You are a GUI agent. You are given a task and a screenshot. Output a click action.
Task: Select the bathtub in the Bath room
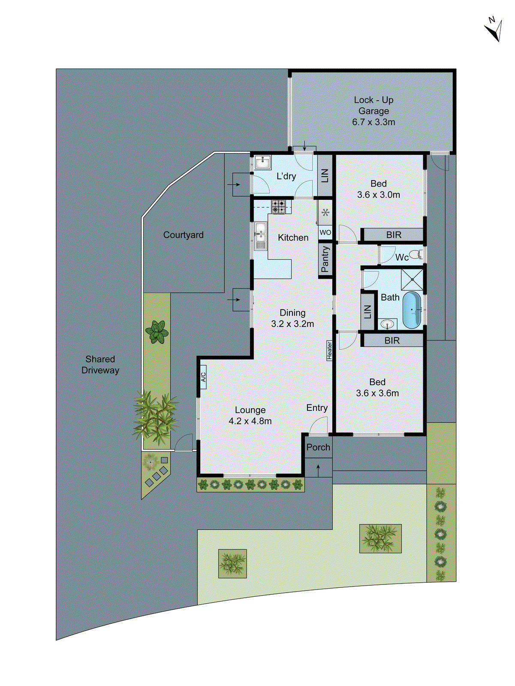coord(412,310)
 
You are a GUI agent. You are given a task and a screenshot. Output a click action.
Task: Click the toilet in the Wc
coord(415,255)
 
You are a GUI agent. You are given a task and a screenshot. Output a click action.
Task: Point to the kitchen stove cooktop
coord(278,207)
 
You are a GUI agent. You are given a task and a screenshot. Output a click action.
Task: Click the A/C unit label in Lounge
coord(203,377)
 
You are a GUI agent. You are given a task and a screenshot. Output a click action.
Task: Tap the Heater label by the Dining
coord(329,350)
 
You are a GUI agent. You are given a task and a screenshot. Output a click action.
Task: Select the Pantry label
coord(325,259)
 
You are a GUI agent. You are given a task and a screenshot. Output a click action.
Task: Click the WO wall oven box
coord(325,232)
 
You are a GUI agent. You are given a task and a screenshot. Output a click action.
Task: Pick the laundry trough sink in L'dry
coord(262,163)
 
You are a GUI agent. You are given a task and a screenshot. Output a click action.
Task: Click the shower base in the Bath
coord(412,280)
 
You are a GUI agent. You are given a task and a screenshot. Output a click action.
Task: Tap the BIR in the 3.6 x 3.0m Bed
coord(393,235)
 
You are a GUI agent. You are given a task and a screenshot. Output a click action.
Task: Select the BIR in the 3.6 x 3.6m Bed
coord(392,340)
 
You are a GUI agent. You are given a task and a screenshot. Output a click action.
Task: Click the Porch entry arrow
coord(318,470)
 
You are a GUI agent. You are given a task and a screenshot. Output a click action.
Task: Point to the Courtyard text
coord(183,235)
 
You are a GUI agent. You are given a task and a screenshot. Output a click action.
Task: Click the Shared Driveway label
coord(100,365)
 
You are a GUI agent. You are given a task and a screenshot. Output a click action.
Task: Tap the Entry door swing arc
coord(318,425)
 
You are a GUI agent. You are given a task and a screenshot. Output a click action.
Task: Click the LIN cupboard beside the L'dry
coord(325,175)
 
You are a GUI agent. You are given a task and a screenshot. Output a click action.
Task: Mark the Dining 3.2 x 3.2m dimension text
coord(292,324)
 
